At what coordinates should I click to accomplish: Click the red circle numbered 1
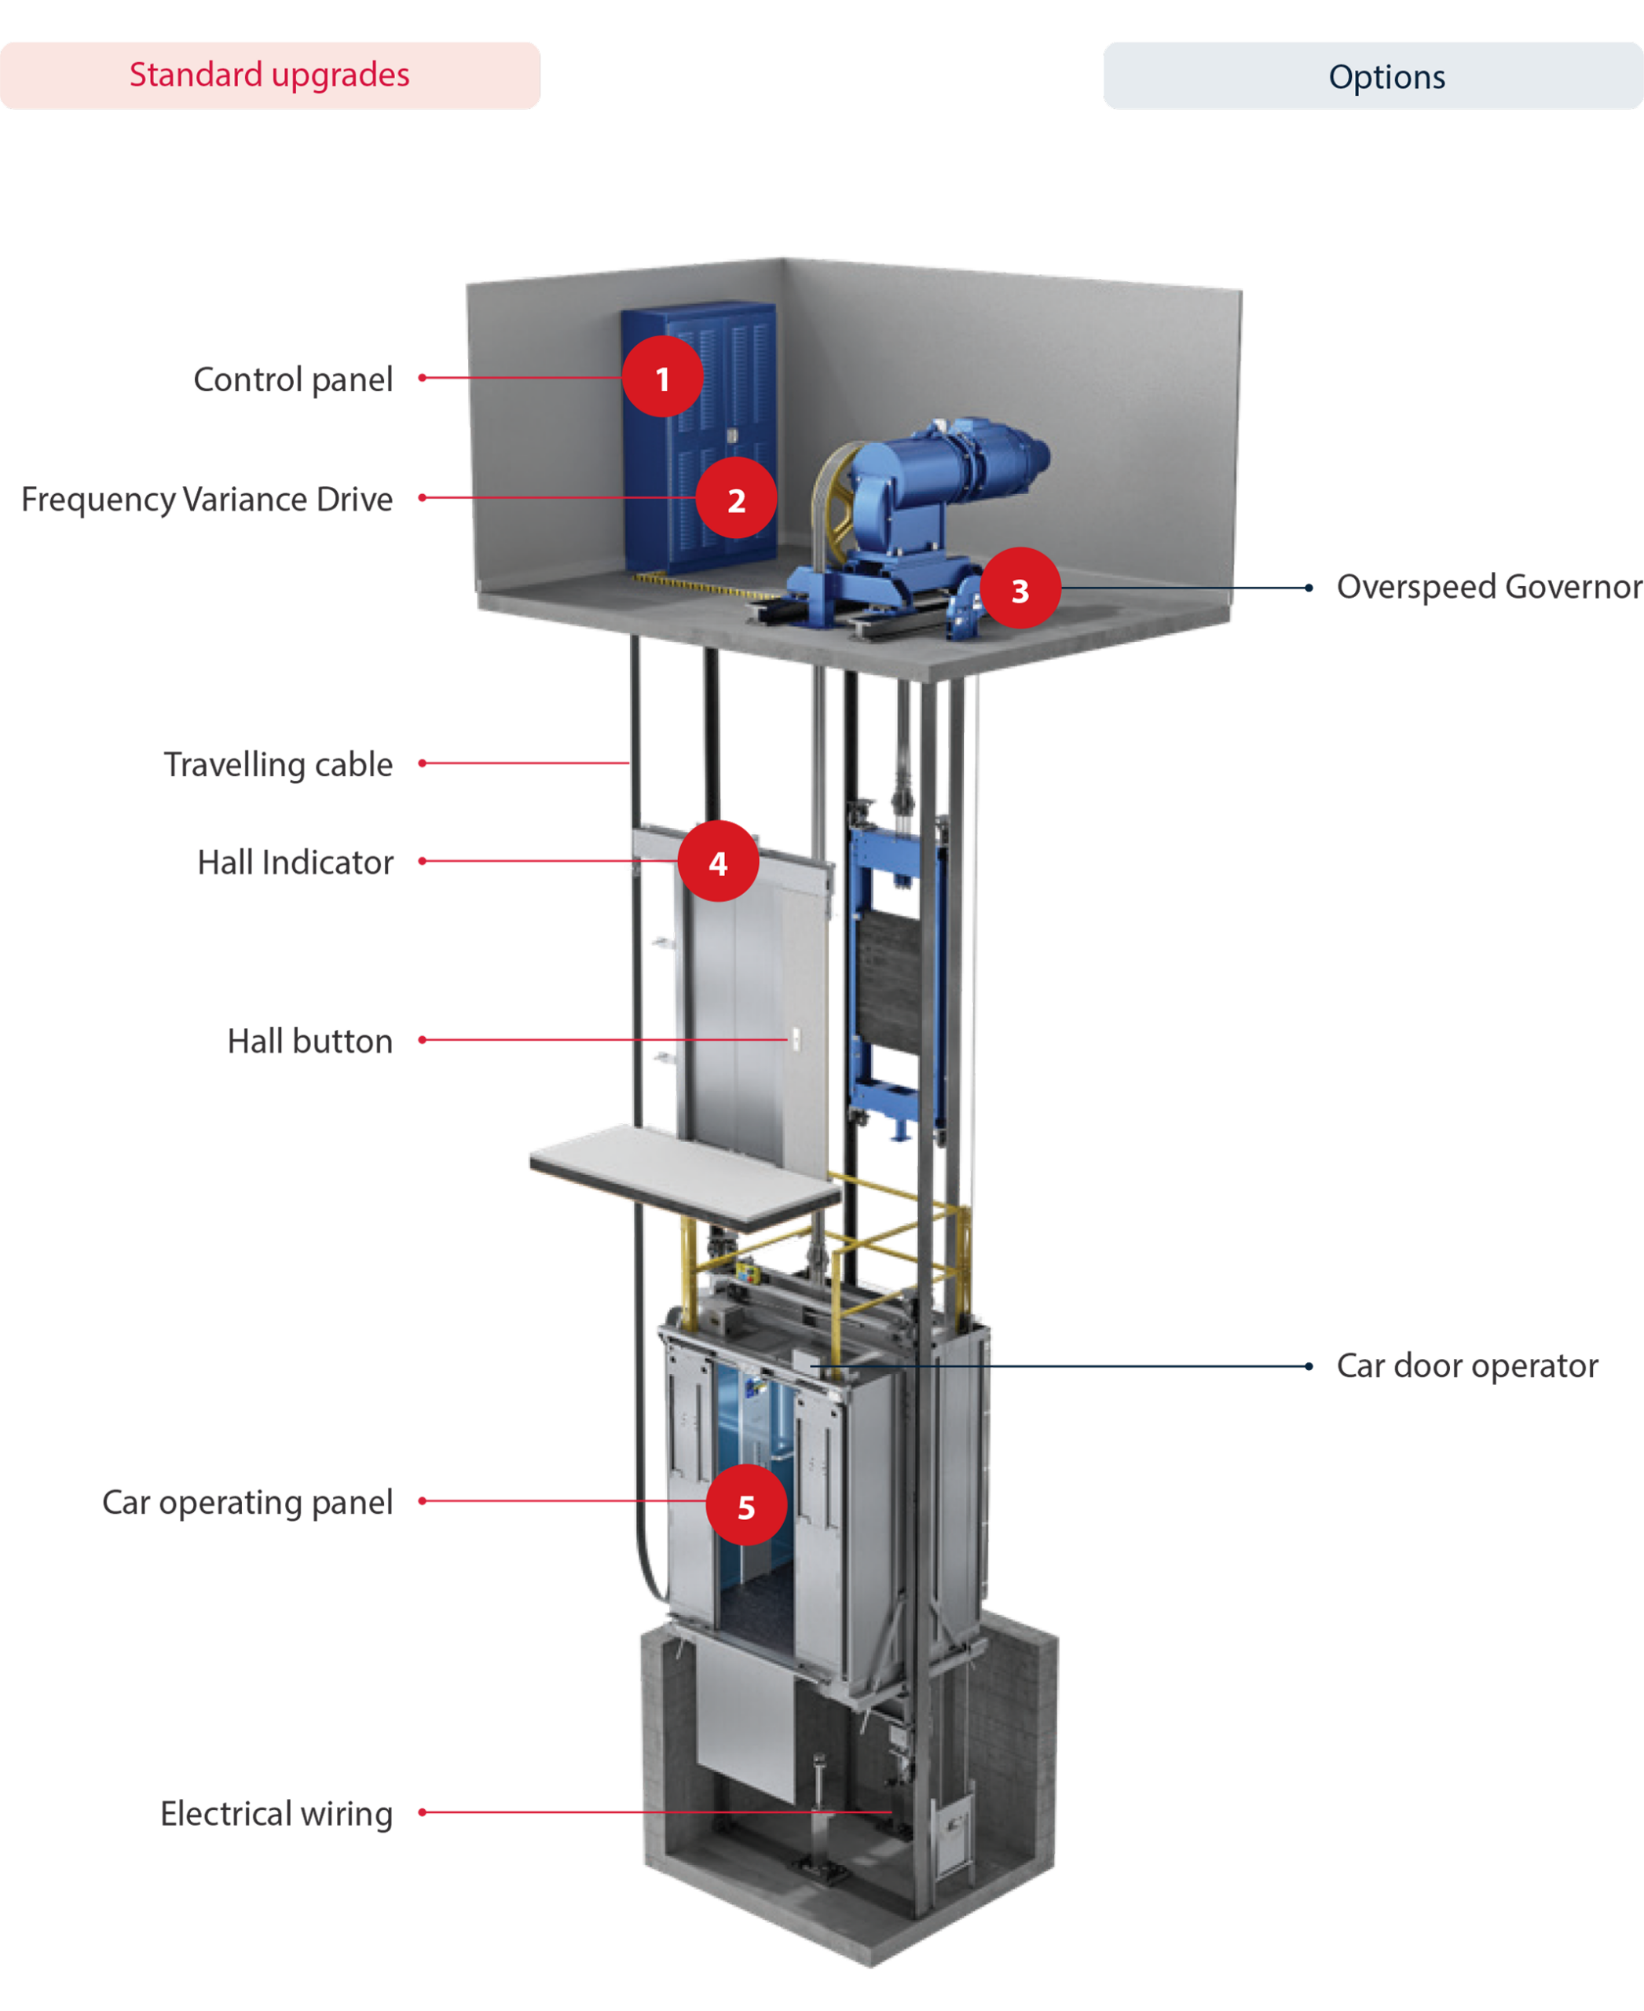[x=662, y=377]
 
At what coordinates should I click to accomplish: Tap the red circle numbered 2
[x=736, y=498]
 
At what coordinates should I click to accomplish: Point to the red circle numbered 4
[x=718, y=861]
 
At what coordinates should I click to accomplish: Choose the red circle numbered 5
[x=746, y=1505]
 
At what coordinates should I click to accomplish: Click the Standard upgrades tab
[x=270, y=75]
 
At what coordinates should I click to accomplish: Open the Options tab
[x=1373, y=75]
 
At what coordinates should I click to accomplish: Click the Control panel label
[x=293, y=379]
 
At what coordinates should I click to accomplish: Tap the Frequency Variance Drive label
[x=207, y=499]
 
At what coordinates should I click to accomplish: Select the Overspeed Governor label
[x=1488, y=586]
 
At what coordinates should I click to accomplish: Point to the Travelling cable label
[x=278, y=764]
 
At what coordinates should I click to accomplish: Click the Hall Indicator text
[x=295, y=862]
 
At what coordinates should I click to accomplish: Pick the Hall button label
[x=309, y=1041]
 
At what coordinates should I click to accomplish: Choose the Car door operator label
[x=1467, y=1366]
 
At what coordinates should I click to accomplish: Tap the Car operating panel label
[x=247, y=1502]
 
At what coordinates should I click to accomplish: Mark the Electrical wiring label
[x=276, y=1813]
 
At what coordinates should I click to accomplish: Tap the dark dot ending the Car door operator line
[x=1309, y=1366]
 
